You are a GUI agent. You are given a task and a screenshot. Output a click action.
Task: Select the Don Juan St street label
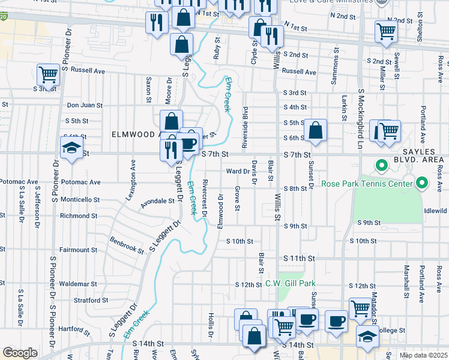coord(85,105)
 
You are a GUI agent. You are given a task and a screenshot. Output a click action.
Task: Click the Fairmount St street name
coord(78,250)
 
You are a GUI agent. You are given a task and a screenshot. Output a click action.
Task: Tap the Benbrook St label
coord(127,245)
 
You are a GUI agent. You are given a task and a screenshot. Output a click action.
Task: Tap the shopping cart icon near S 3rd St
coord(48,75)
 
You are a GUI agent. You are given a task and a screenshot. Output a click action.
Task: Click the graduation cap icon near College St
coord(367,337)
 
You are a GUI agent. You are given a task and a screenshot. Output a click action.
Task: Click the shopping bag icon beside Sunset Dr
coord(315,130)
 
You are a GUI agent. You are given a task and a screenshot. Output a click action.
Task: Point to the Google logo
coord(20,353)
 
